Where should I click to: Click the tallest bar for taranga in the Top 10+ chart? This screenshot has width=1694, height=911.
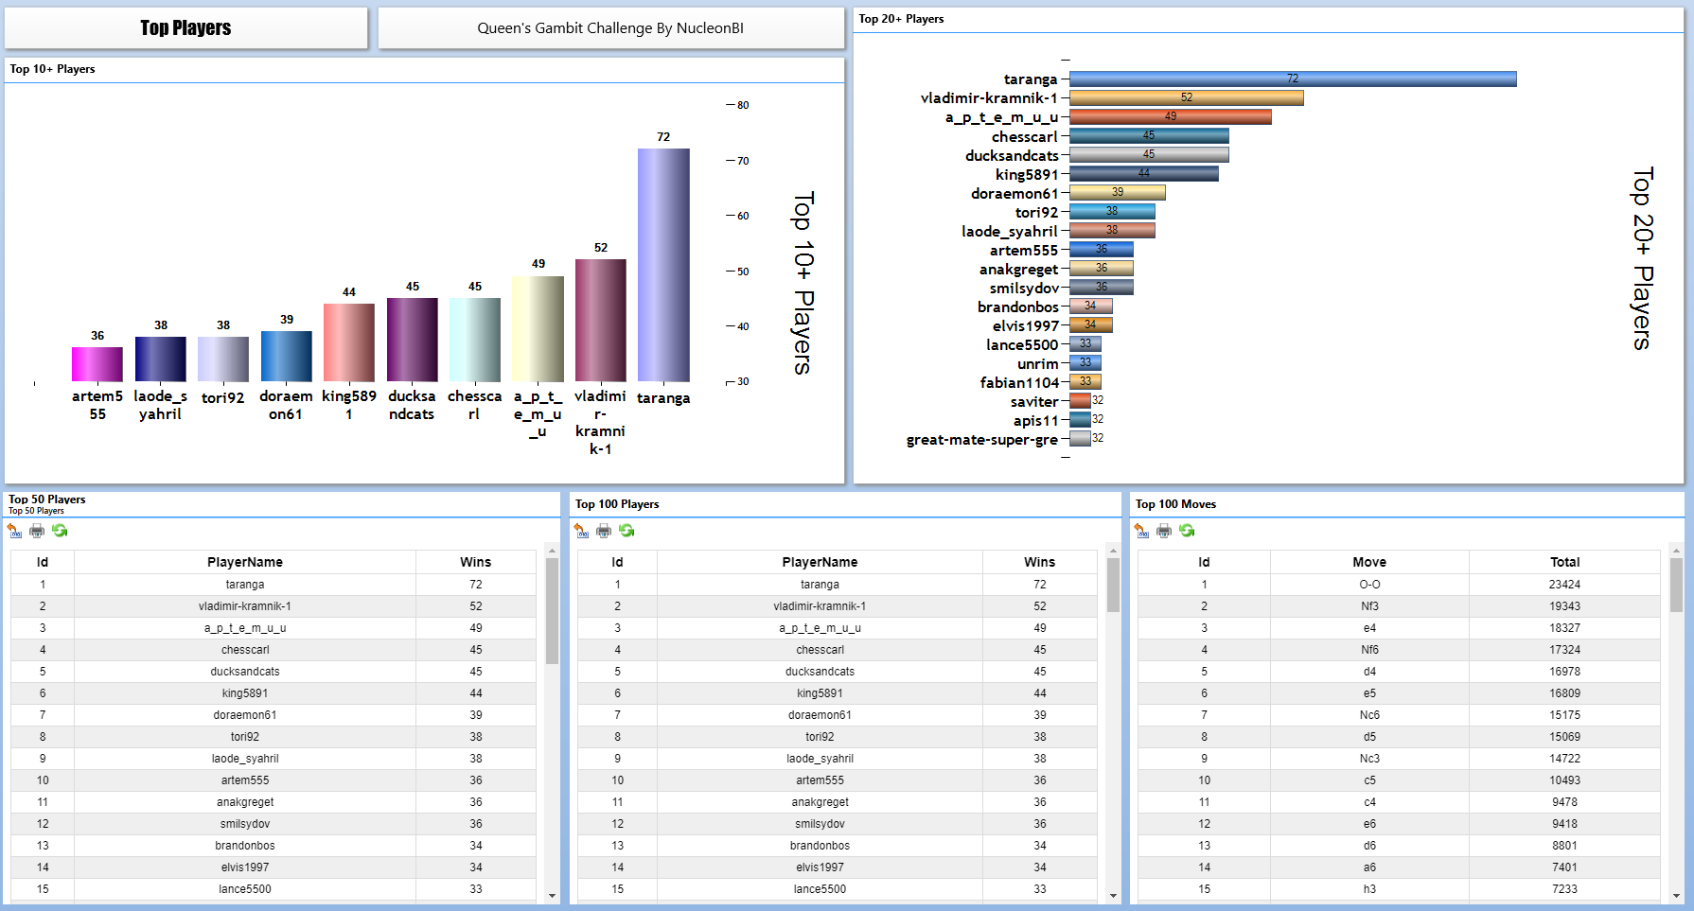663,265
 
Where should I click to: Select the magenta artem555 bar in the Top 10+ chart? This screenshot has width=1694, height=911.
97,364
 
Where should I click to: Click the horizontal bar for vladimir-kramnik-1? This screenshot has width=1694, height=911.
1186,97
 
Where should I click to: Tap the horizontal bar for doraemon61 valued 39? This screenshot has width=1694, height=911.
1117,192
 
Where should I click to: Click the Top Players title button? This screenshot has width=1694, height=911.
185,28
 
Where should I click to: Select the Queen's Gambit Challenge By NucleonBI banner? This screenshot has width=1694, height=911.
610,28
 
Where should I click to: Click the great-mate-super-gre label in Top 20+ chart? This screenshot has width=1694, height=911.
981,440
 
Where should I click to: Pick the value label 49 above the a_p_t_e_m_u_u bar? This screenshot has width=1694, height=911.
538,264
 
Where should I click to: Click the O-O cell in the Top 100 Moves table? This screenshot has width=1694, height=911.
1369,585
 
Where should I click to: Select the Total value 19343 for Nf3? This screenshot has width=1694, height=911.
1564,606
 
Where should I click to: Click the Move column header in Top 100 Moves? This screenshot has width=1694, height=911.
1369,562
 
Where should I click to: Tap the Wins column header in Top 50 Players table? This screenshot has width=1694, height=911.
475,562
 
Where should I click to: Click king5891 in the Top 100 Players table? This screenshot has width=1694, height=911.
820,693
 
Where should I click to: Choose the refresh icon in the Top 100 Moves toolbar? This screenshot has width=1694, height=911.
1187,531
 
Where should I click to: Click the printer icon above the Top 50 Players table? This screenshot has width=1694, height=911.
37,531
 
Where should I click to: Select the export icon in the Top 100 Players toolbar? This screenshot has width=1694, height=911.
581,531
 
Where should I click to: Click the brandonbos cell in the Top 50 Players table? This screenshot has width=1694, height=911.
245,846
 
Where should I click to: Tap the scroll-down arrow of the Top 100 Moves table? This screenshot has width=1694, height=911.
1676,895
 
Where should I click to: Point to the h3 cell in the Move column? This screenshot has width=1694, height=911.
1369,889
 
